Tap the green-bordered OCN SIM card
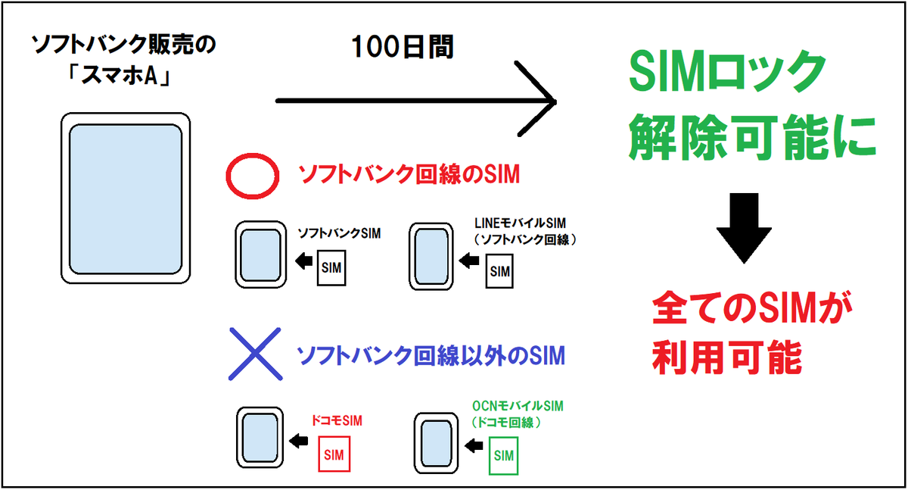pos(504,455)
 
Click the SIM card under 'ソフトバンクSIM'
pos(331,267)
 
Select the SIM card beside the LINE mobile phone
pos(500,271)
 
